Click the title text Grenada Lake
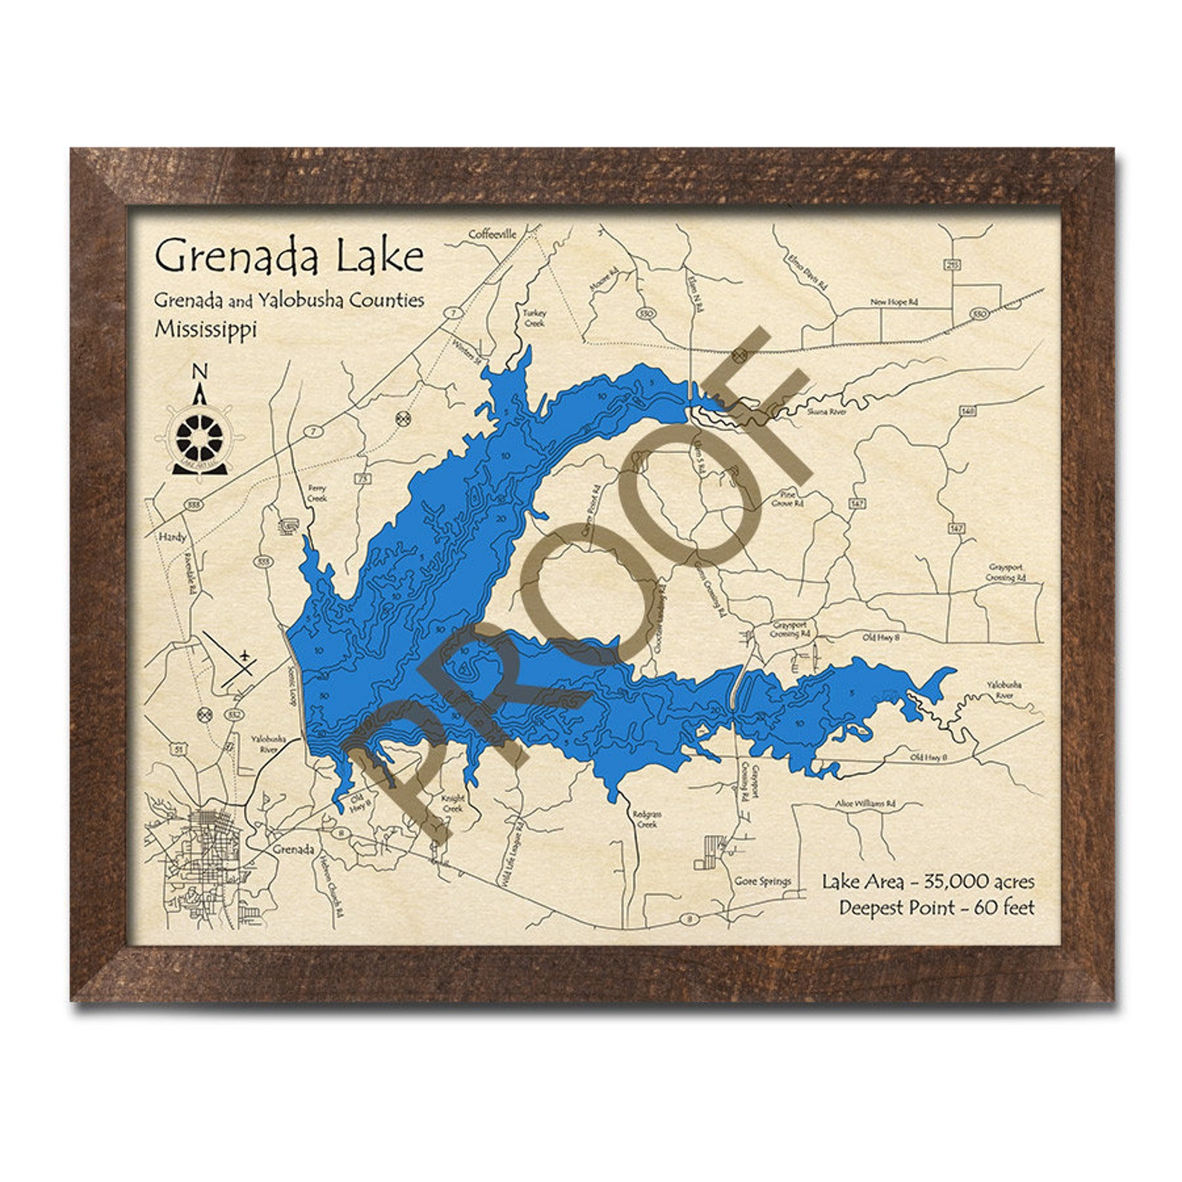pyautogui.click(x=289, y=257)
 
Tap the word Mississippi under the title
pyautogui.click(x=205, y=329)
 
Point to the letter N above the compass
pyautogui.click(x=199, y=371)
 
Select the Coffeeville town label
pyautogui.click(x=492, y=234)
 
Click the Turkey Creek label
pyautogui.click(x=534, y=319)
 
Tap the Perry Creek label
pyautogui.click(x=317, y=493)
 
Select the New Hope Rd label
pyautogui.click(x=894, y=303)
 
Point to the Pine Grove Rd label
pyautogui.click(x=791, y=498)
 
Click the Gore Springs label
pyautogui.click(x=762, y=881)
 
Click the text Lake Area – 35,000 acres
pyautogui.click(x=927, y=882)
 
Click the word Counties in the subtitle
pyautogui.click(x=384, y=300)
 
